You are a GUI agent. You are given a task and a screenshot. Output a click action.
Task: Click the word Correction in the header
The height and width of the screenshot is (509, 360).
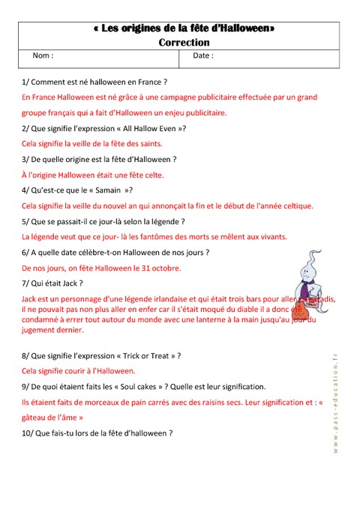[184, 43]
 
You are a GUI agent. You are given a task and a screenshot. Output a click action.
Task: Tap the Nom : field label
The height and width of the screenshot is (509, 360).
[43, 56]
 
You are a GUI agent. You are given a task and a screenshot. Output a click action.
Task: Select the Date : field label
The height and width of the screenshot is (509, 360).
[203, 56]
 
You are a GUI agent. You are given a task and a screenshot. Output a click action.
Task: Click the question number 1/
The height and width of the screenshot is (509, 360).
[26, 81]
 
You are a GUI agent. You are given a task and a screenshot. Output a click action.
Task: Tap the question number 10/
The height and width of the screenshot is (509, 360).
[29, 433]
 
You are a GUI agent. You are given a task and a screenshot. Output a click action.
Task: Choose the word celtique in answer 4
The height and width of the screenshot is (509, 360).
[295, 205]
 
